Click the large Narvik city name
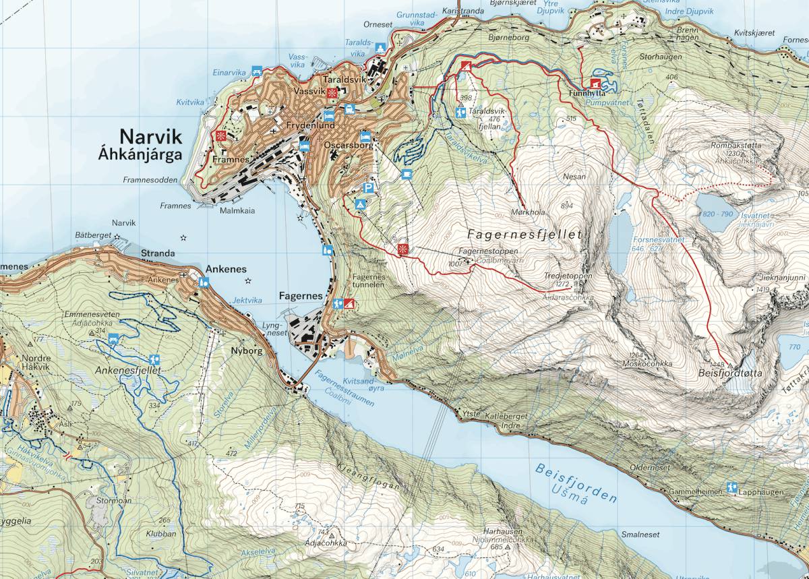150,137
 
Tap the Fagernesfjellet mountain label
524,235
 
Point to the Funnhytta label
584,93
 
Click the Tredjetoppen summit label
568,276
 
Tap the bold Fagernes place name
300,295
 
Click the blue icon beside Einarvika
256,70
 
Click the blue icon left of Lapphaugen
731,487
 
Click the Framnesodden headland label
150,180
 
